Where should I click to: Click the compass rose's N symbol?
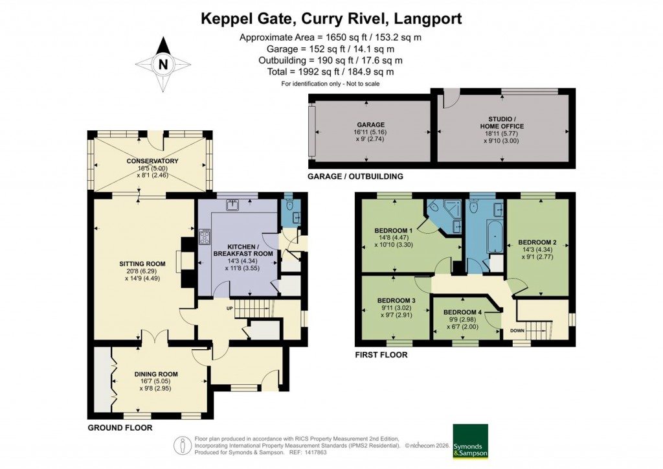(163, 64)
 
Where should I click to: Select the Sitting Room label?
(142, 264)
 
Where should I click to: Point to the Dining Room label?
(156, 374)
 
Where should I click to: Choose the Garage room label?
(370, 125)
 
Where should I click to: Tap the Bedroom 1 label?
(393, 231)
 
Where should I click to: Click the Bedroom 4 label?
(462, 312)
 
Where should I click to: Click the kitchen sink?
(232, 205)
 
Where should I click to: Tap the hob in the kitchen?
(205, 237)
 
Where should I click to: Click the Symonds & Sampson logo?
(470, 441)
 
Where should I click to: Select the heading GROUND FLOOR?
(120, 428)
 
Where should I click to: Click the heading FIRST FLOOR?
(381, 355)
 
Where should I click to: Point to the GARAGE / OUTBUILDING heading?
(355, 176)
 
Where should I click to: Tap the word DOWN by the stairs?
(518, 330)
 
